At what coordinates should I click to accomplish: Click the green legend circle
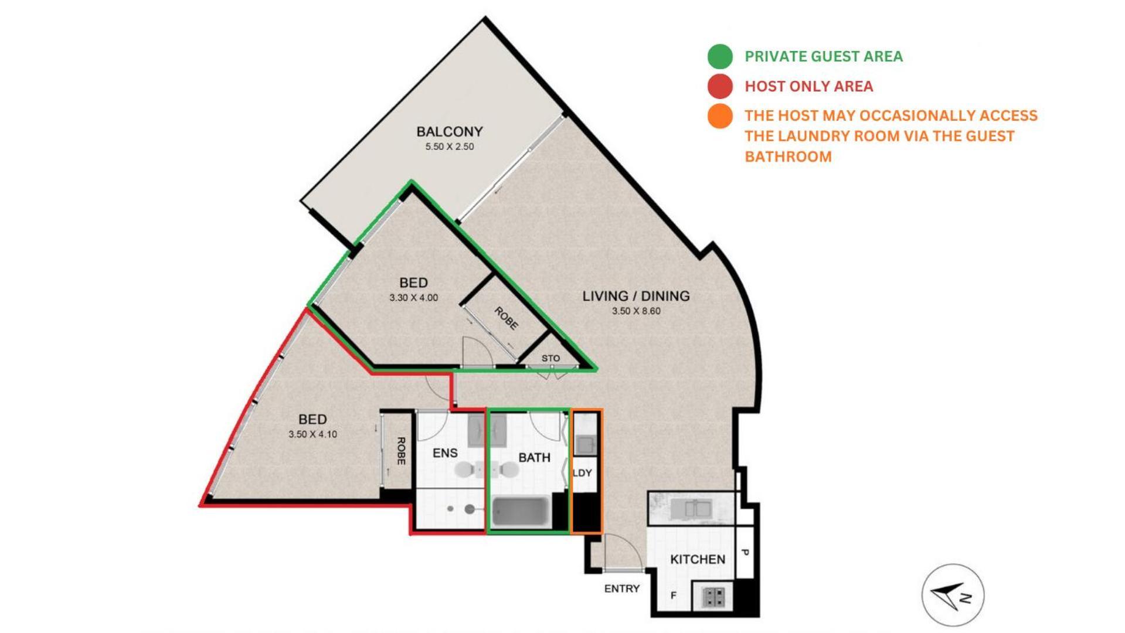point(720,57)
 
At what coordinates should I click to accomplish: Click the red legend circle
point(720,86)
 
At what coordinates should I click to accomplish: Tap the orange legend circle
point(720,116)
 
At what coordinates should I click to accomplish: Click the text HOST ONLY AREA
point(808,86)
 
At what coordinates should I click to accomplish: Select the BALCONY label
point(449,131)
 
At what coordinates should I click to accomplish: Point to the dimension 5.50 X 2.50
point(449,147)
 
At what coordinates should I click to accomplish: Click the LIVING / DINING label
point(635,296)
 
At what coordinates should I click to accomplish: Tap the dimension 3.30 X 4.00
point(413,298)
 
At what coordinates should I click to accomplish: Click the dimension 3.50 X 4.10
point(312,434)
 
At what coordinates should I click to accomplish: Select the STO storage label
point(550,358)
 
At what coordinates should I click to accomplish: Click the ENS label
point(444,453)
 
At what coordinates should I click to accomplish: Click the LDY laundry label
point(582,472)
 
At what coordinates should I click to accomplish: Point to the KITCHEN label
point(697,560)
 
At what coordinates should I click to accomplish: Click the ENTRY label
point(621,588)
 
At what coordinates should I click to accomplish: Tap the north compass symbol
point(953,595)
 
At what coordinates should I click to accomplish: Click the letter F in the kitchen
point(674,595)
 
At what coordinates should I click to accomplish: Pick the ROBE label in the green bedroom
point(505,318)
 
